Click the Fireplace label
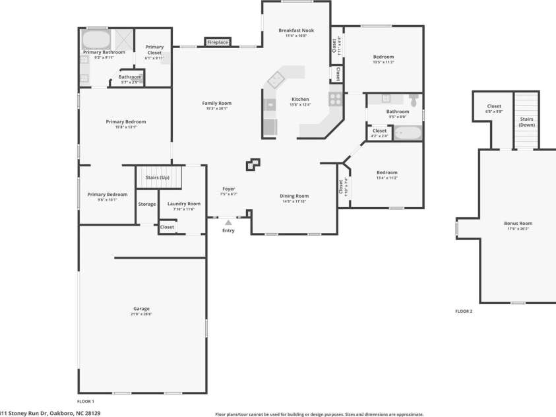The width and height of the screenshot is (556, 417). click(x=218, y=42)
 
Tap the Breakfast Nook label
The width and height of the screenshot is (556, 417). click(x=295, y=30)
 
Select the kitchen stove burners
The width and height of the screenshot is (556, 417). click(x=335, y=99)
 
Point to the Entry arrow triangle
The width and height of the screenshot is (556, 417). click(x=228, y=223)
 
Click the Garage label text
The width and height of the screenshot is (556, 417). click(x=141, y=309)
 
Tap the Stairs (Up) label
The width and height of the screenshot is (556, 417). click(x=157, y=177)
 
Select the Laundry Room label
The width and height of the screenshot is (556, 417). click(x=183, y=204)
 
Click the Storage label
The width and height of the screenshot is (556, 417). click(x=147, y=204)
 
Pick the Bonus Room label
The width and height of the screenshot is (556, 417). click(x=518, y=224)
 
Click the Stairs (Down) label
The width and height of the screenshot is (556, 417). click(x=526, y=121)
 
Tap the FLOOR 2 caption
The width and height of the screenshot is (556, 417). click(x=464, y=311)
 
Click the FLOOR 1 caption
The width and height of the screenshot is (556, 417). click(x=86, y=401)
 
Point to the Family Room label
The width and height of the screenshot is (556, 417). click(x=216, y=103)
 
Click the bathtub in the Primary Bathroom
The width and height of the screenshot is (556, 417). click(x=96, y=40)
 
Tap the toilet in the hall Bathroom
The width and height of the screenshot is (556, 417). click(x=414, y=100)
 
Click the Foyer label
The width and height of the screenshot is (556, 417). click(x=228, y=189)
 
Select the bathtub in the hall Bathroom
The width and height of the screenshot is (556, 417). click(x=408, y=133)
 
